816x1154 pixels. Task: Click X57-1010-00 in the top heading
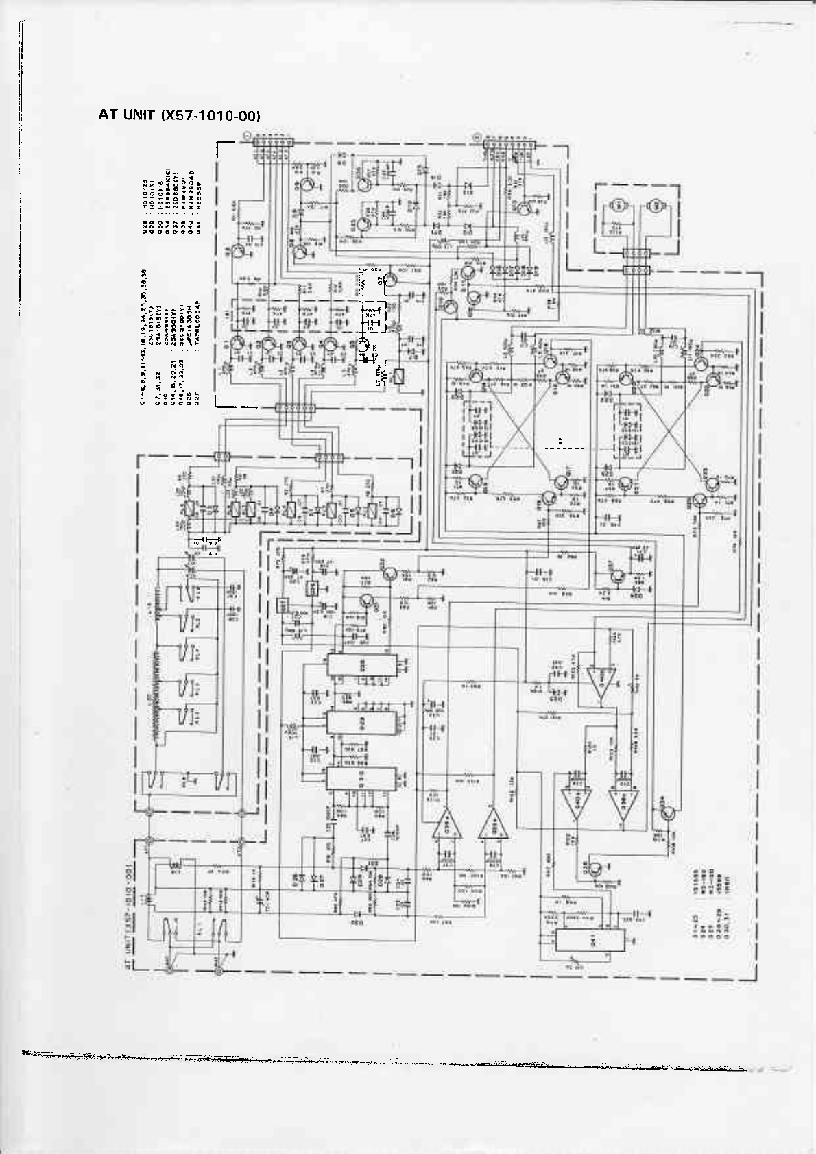click(211, 117)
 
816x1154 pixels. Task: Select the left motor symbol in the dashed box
click(616, 205)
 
